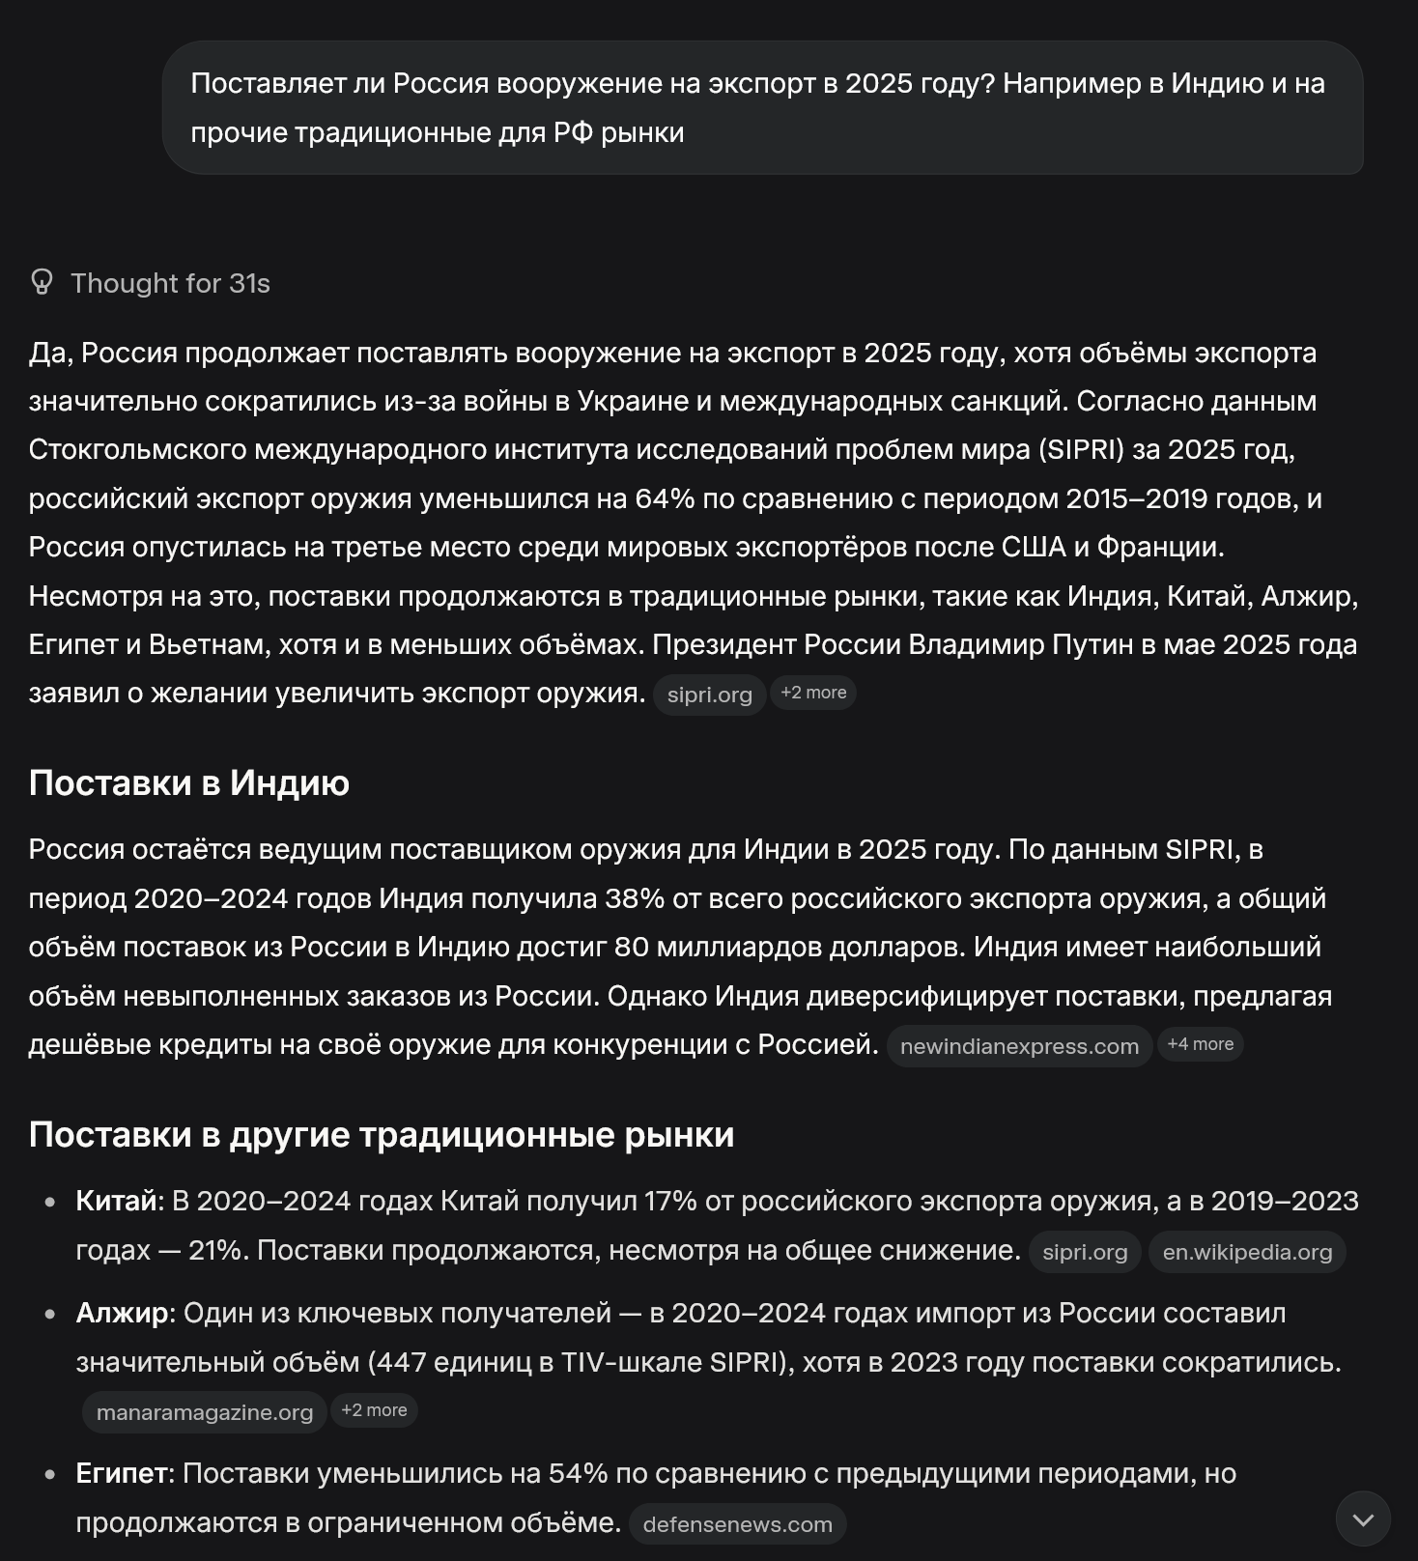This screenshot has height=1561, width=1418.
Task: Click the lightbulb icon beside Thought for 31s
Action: tap(42, 282)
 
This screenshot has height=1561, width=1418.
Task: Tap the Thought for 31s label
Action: tap(170, 283)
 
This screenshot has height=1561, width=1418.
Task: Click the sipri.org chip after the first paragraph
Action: tap(709, 695)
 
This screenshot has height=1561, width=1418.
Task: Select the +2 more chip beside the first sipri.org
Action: tap(813, 693)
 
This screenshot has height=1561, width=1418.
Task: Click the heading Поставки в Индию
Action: tap(189, 782)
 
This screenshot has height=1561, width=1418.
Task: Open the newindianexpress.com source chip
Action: tap(1019, 1046)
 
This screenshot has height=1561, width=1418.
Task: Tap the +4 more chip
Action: tap(1200, 1044)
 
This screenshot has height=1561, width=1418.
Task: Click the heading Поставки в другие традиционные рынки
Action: tap(382, 1134)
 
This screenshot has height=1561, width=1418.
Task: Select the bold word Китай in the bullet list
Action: tap(116, 1201)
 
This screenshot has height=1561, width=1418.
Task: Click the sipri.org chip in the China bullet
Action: tap(1085, 1252)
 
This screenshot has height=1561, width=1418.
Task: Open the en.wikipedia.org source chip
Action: tap(1247, 1252)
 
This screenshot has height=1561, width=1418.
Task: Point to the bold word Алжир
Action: tap(122, 1313)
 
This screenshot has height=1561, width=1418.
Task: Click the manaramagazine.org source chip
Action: tap(205, 1412)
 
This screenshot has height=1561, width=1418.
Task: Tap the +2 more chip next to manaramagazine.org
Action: tap(374, 1410)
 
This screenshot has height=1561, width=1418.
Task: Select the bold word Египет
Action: tap(122, 1473)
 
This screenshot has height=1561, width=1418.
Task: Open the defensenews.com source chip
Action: tap(737, 1524)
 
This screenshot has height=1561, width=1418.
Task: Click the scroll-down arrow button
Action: tap(1363, 1519)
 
